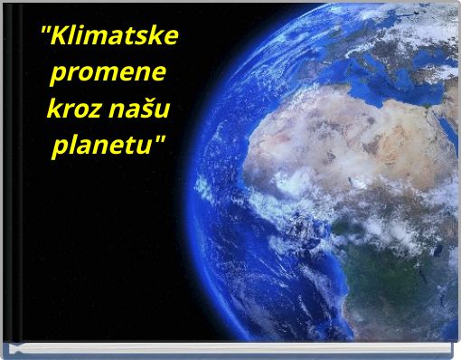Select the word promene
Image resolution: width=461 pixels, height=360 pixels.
(110, 76)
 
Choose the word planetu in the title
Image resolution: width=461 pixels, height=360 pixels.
(107, 146)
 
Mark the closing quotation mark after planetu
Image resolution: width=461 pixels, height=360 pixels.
(164, 139)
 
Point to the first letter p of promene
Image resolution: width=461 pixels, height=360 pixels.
(61, 78)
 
